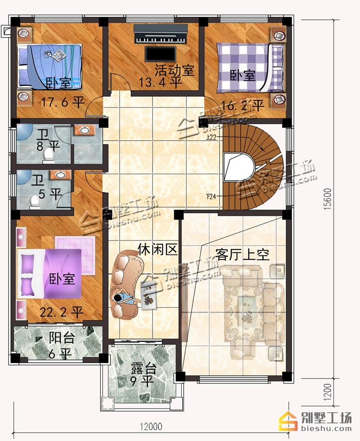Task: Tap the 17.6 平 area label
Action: [x=63, y=102]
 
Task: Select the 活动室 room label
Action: [x=174, y=70]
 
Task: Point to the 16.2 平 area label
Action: [x=243, y=105]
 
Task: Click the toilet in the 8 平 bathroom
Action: [x=48, y=156]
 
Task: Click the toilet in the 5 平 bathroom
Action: [x=35, y=202]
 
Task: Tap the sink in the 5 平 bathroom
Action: [x=60, y=175]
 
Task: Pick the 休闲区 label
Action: [x=158, y=249]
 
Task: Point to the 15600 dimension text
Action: [x=328, y=199]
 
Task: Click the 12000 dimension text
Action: [x=151, y=427]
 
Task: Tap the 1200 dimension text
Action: [x=328, y=392]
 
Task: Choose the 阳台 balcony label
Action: [x=62, y=337]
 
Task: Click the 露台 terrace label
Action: [x=144, y=369]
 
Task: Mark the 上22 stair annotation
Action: [x=211, y=137]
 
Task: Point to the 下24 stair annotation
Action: [x=211, y=196]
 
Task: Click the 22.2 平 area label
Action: [x=62, y=312]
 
